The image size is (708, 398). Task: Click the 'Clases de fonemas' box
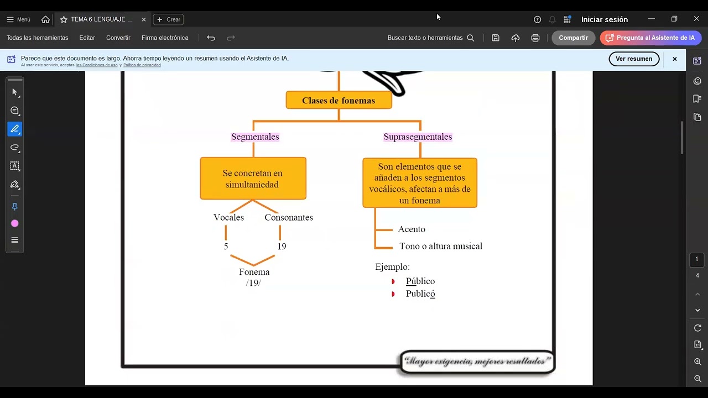339,100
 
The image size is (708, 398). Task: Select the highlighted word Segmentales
255,137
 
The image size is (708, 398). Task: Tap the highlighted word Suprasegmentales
418,137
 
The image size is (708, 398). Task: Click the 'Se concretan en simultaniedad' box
253,179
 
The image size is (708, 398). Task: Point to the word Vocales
228,217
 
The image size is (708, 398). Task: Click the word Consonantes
289,217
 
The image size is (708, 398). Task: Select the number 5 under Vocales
226,247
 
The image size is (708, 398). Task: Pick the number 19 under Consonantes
282,247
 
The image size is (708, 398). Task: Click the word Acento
412,229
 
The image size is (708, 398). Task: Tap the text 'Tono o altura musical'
441,246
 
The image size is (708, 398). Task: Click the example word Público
420,281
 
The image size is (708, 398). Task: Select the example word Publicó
420,294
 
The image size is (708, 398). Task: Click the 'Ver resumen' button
634,59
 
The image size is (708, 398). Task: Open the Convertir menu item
118,38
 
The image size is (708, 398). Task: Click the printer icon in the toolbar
535,38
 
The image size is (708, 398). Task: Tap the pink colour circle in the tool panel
14,224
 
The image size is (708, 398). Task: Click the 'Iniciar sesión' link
605,19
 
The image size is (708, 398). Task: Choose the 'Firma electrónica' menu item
165,38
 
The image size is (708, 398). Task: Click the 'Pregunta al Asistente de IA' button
651,38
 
